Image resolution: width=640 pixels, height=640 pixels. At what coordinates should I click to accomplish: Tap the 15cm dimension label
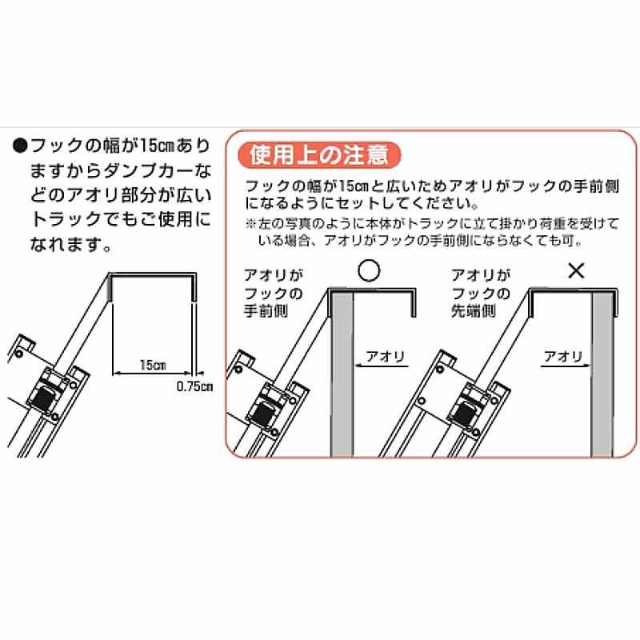point(151,364)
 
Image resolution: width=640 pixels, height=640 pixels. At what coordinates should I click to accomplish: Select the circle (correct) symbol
point(367,271)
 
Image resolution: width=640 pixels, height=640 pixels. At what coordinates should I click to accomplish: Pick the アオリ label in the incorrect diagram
point(562,352)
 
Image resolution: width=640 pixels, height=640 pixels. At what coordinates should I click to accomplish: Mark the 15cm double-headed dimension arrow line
point(152,373)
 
